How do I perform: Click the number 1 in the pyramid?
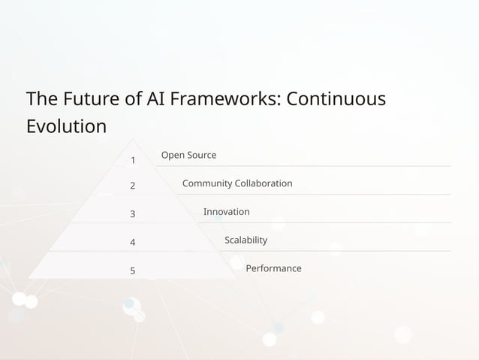pos(133,160)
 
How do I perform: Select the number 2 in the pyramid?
pos(133,186)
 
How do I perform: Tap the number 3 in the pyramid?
pos(133,214)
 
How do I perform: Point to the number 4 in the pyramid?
pos(133,243)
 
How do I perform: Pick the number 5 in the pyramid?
pos(133,271)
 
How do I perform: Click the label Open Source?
pos(188,155)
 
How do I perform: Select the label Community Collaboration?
pos(237,183)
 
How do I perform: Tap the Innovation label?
pos(226,212)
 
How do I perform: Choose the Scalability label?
pos(246,240)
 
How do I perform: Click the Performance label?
pos(273,268)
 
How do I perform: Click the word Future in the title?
pos(93,98)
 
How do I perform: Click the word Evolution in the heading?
pos(66,126)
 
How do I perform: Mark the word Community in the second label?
pos(207,183)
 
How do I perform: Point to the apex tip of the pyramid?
pos(134,139)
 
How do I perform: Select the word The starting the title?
pos(41,98)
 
